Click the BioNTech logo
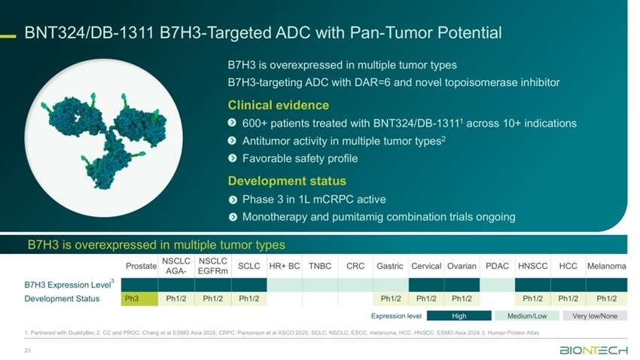click(593, 350)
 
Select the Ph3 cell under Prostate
click(139, 299)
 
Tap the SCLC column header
click(249, 266)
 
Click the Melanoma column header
click(607, 266)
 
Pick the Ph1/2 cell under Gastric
click(391, 299)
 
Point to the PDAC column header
click(497, 266)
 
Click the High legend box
click(459, 316)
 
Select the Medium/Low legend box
click(527, 316)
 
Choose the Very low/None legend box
click(595, 316)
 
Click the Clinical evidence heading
click(279, 105)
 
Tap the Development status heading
click(287, 181)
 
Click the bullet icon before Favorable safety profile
click(232, 158)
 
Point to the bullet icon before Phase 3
click(233, 200)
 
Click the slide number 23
click(27, 350)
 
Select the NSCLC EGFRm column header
click(213, 266)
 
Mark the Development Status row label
click(62, 299)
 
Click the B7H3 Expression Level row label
click(69, 284)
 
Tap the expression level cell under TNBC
click(320, 285)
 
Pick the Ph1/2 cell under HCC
click(568, 299)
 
